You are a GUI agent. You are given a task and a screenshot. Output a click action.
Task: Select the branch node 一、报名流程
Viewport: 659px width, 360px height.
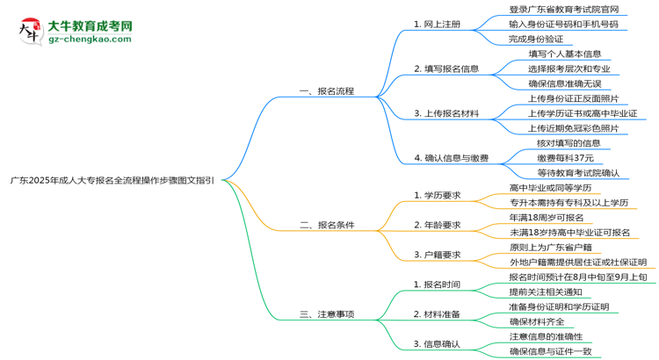coord(326,91)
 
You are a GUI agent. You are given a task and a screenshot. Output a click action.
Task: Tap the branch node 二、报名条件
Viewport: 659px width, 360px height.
coord(326,225)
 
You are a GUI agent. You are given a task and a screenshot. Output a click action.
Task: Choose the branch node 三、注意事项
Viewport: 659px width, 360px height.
coord(326,314)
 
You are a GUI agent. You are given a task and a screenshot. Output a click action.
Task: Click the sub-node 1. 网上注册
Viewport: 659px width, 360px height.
coord(437,25)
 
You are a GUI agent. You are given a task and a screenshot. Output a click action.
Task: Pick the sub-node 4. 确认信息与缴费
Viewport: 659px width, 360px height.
coord(451,159)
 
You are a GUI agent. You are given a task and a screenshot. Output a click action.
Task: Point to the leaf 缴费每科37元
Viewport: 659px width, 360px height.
coord(565,157)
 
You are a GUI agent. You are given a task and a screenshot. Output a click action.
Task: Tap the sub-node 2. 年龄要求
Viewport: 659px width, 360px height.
coord(437,225)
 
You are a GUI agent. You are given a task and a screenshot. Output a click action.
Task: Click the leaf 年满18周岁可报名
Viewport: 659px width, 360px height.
coord(547,217)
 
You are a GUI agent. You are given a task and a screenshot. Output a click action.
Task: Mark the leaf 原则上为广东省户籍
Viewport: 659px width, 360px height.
coord(556,247)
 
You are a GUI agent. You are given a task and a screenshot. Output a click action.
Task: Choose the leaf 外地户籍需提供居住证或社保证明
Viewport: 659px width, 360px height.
coord(577,262)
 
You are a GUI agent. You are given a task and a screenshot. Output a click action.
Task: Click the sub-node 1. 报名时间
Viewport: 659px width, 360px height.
coord(437,284)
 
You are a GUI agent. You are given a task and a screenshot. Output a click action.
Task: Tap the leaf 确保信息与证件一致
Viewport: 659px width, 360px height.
coord(556,351)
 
